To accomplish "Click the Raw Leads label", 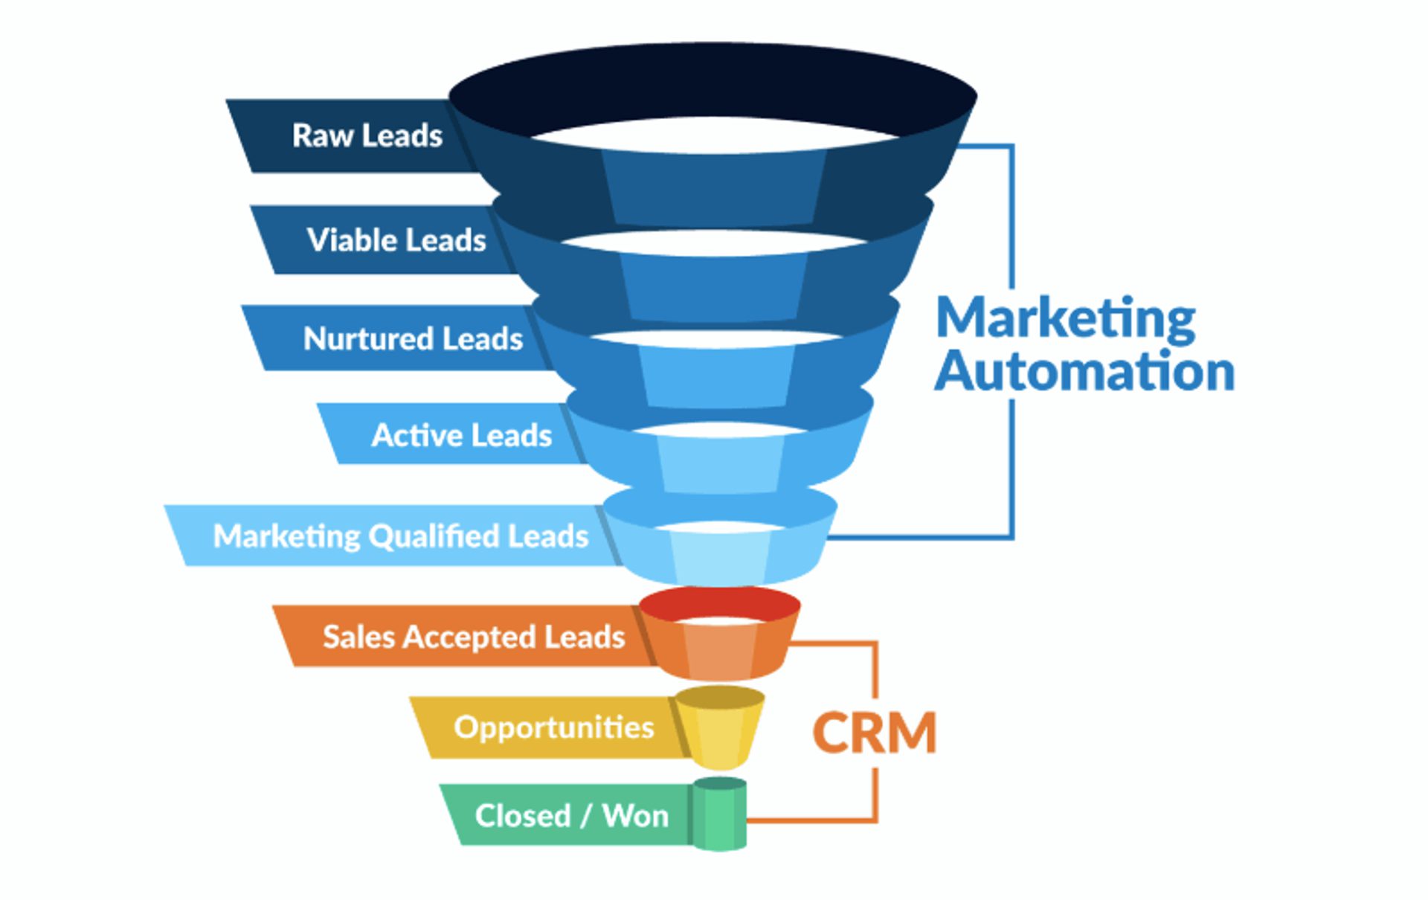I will coord(367,136).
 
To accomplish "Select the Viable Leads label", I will coord(396,240).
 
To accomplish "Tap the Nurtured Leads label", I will coord(413,338).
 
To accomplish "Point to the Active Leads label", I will coord(461,435).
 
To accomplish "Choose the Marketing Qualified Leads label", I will coord(400,536).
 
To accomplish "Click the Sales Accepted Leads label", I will coord(473,637).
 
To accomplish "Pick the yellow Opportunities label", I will coord(553,727).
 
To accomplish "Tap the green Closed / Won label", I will coord(571,816).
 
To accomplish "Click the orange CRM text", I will coord(874,733).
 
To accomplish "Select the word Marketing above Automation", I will coord(1065,318).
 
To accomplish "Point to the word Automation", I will coord(1084,372).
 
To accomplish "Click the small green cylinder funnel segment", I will coord(719,814).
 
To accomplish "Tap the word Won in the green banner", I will coord(635,816).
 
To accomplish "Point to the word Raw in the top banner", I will coord(322,136).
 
